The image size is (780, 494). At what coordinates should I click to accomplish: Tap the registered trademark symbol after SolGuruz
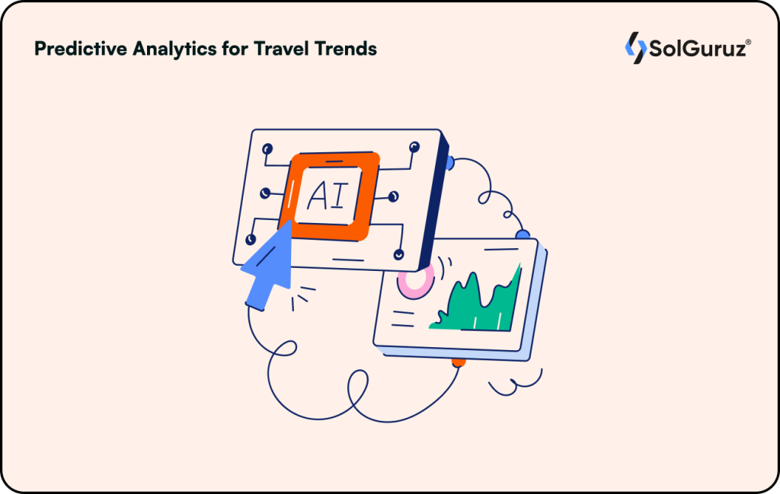pyautogui.click(x=749, y=41)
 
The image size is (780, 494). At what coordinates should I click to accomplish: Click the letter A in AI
pyautogui.click(x=318, y=196)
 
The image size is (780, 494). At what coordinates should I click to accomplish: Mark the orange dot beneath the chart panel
pyautogui.click(x=457, y=362)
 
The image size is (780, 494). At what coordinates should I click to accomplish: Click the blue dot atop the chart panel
pyautogui.click(x=523, y=234)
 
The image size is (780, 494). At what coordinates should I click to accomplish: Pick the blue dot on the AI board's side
pyautogui.click(x=449, y=162)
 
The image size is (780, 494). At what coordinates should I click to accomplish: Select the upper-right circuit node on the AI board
pyautogui.click(x=414, y=146)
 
